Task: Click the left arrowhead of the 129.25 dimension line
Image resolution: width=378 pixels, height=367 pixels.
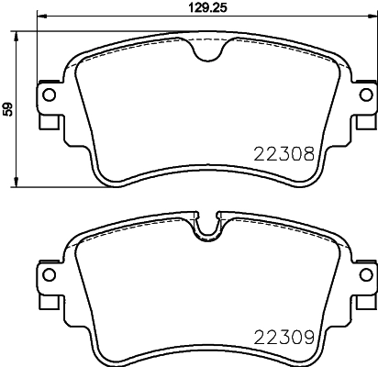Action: coord(39,19)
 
